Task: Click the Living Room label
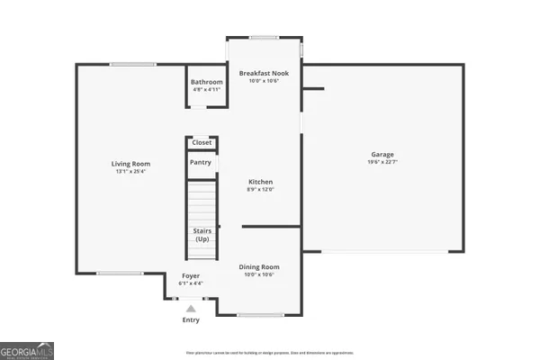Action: (x=129, y=163)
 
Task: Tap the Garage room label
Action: (x=382, y=154)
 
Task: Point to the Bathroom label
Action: (x=206, y=82)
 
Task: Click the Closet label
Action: (x=202, y=142)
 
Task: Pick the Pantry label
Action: (x=201, y=162)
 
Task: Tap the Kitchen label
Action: (x=260, y=182)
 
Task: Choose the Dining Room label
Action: (x=259, y=266)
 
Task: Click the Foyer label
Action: (x=191, y=275)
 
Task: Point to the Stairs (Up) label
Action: (x=202, y=235)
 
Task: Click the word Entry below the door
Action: (x=191, y=319)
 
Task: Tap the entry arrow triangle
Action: (x=191, y=309)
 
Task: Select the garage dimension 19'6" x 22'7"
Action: (x=382, y=163)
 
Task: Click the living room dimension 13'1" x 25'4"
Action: (x=129, y=171)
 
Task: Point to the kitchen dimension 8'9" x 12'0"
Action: (x=260, y=190)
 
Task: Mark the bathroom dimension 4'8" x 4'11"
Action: (x=206, y=90)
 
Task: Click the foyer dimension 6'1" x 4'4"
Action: (x=191, y=283)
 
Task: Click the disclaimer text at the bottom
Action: (x=269, y=353)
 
